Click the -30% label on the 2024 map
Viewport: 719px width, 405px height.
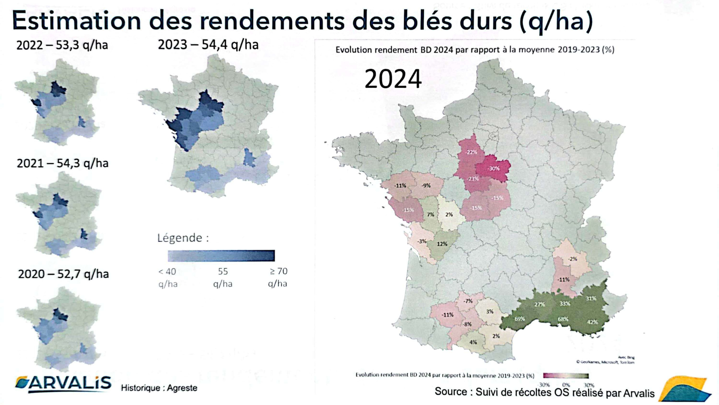click(x=494, y=169)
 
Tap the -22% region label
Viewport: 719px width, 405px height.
click(x=471, y=152)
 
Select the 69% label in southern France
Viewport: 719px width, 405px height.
click(x=519, y=319)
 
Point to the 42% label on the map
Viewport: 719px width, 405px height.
click(x=592, y=322)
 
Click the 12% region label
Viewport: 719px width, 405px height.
click(x=442, y=244)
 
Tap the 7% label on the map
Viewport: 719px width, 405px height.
click(x=431, y=215)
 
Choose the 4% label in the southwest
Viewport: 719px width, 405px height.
click(x=473, y=342)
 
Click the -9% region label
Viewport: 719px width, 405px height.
click(x=426, y=186)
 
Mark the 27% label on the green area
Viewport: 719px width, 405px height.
click(x=540, y=304)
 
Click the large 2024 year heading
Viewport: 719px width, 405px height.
click(x=393, y=79)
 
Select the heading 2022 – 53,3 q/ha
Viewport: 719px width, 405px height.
click(x=62, y=45)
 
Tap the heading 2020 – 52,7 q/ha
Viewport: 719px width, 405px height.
click(x=63, y=274)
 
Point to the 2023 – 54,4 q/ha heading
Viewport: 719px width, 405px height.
click(x=208, y=45)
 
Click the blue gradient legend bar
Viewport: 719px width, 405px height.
click(x=221, y=256)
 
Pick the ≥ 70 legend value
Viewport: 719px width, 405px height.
click(x=278, y=271)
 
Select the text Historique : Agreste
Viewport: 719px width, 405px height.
click(x=159, y=388)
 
